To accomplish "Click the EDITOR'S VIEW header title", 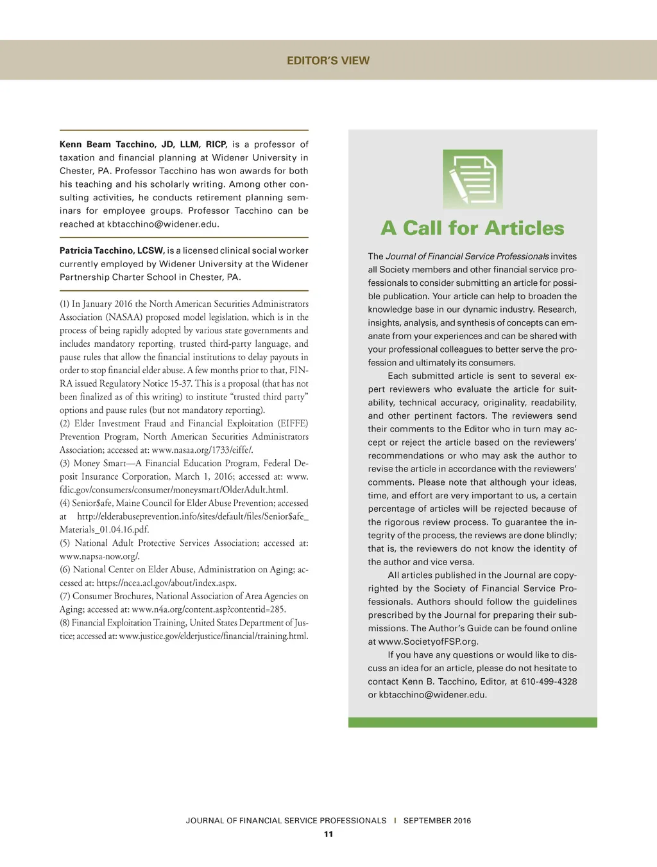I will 328,60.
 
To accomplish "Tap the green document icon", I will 472,179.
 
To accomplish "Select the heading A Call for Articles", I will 472,228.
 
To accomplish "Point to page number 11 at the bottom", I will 328,834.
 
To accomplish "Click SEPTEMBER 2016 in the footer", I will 437,821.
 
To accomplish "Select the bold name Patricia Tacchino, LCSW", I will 112,250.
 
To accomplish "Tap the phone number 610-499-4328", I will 549,681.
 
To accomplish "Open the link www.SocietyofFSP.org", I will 429,642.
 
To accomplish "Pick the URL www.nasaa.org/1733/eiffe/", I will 202,450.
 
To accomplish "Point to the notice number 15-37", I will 181,383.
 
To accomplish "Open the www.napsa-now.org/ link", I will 99,556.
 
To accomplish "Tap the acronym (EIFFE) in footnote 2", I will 293,424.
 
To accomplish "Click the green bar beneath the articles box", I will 472,722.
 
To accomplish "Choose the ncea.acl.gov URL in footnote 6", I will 167,583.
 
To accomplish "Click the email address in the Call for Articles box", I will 432,695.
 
